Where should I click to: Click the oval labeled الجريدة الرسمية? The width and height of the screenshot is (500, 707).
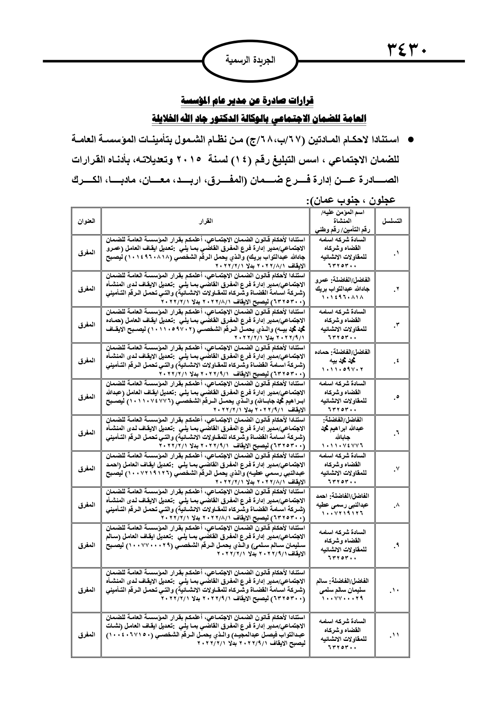tap(250, 61)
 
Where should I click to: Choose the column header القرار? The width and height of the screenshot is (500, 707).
tap(205, 221)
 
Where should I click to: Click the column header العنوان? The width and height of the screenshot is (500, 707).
tap(86, 221)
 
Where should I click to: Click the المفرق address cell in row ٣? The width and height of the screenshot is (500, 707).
tap(86, 324)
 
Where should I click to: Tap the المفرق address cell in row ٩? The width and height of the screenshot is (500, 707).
tap(86, 545)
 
